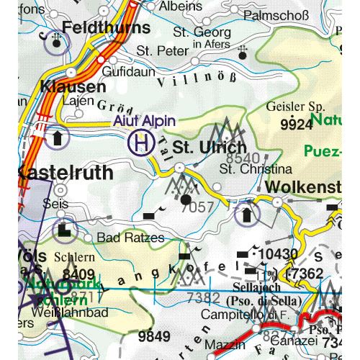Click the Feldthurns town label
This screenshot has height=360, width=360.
tap(106, 28)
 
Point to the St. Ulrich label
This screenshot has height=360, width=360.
tap(204, 147)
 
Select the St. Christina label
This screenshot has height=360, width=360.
tap(256, 170)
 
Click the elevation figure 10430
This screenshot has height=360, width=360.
tap(279, 254)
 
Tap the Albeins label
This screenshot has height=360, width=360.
tap(181, 6)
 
